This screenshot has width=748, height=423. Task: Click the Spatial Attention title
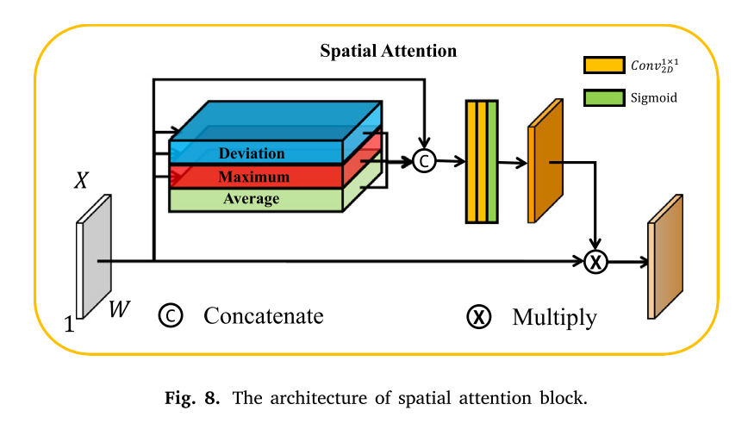(x=388, y=51)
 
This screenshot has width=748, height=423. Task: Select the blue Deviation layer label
(x=252, y=154)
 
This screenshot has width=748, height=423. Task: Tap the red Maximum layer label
(x=252, y=177)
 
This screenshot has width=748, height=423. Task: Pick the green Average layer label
(x=252, y=199)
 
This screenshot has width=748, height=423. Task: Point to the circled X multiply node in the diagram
(x=595, y=260)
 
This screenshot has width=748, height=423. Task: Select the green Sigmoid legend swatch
(x=604, y=97)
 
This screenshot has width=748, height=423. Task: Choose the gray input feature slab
(x=95, y=257)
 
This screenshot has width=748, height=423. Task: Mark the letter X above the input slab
(x=82, y=181)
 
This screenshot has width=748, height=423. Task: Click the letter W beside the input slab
(x=120, y=308)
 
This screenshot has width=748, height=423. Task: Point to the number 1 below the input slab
(x=69, y=325)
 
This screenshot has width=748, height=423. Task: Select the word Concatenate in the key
(x=264, y=316)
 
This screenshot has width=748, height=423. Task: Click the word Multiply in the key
(x=554, y=317)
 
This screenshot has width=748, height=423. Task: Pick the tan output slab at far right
(x=664, y=258)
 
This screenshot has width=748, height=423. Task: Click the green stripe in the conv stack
(x=492, y=162)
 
